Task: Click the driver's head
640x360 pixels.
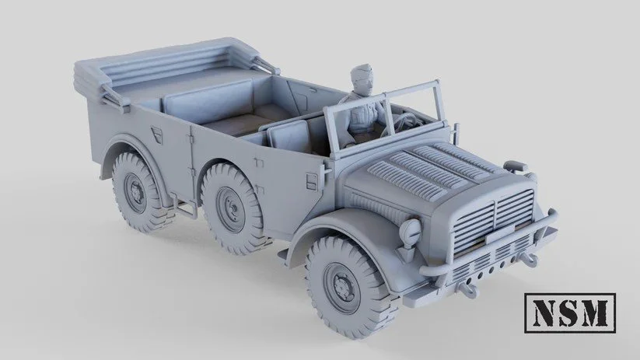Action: click(x=361, y=81)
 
